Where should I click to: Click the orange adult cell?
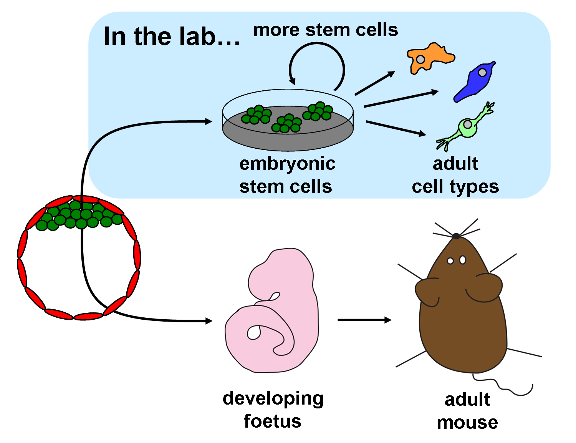coord(432,58)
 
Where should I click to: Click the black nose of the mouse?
coord(456,236)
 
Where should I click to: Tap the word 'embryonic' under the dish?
coord(287,164)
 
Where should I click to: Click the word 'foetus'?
coord(272,421)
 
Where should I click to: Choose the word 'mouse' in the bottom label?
coord(467,423)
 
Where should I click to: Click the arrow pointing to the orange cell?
coord(375,83)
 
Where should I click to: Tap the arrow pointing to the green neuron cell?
coord(396,128)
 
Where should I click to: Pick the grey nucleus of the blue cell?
coord(482,72)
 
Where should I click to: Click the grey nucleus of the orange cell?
coord(421,59)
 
